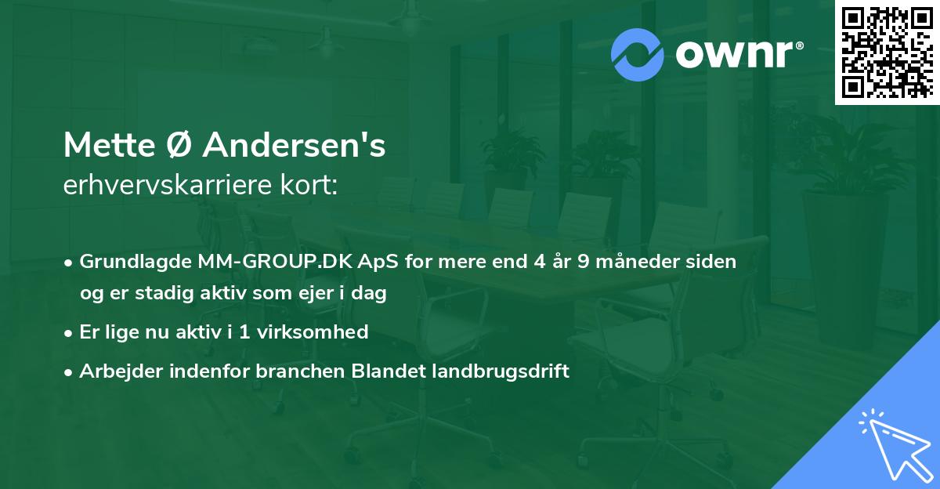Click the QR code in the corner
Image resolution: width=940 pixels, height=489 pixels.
point(888,52)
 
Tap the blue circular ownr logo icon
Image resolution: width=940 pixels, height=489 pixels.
point(638,54)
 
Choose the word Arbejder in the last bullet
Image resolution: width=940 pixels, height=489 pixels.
point(115,371)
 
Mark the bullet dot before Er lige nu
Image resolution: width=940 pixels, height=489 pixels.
point(70,332)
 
